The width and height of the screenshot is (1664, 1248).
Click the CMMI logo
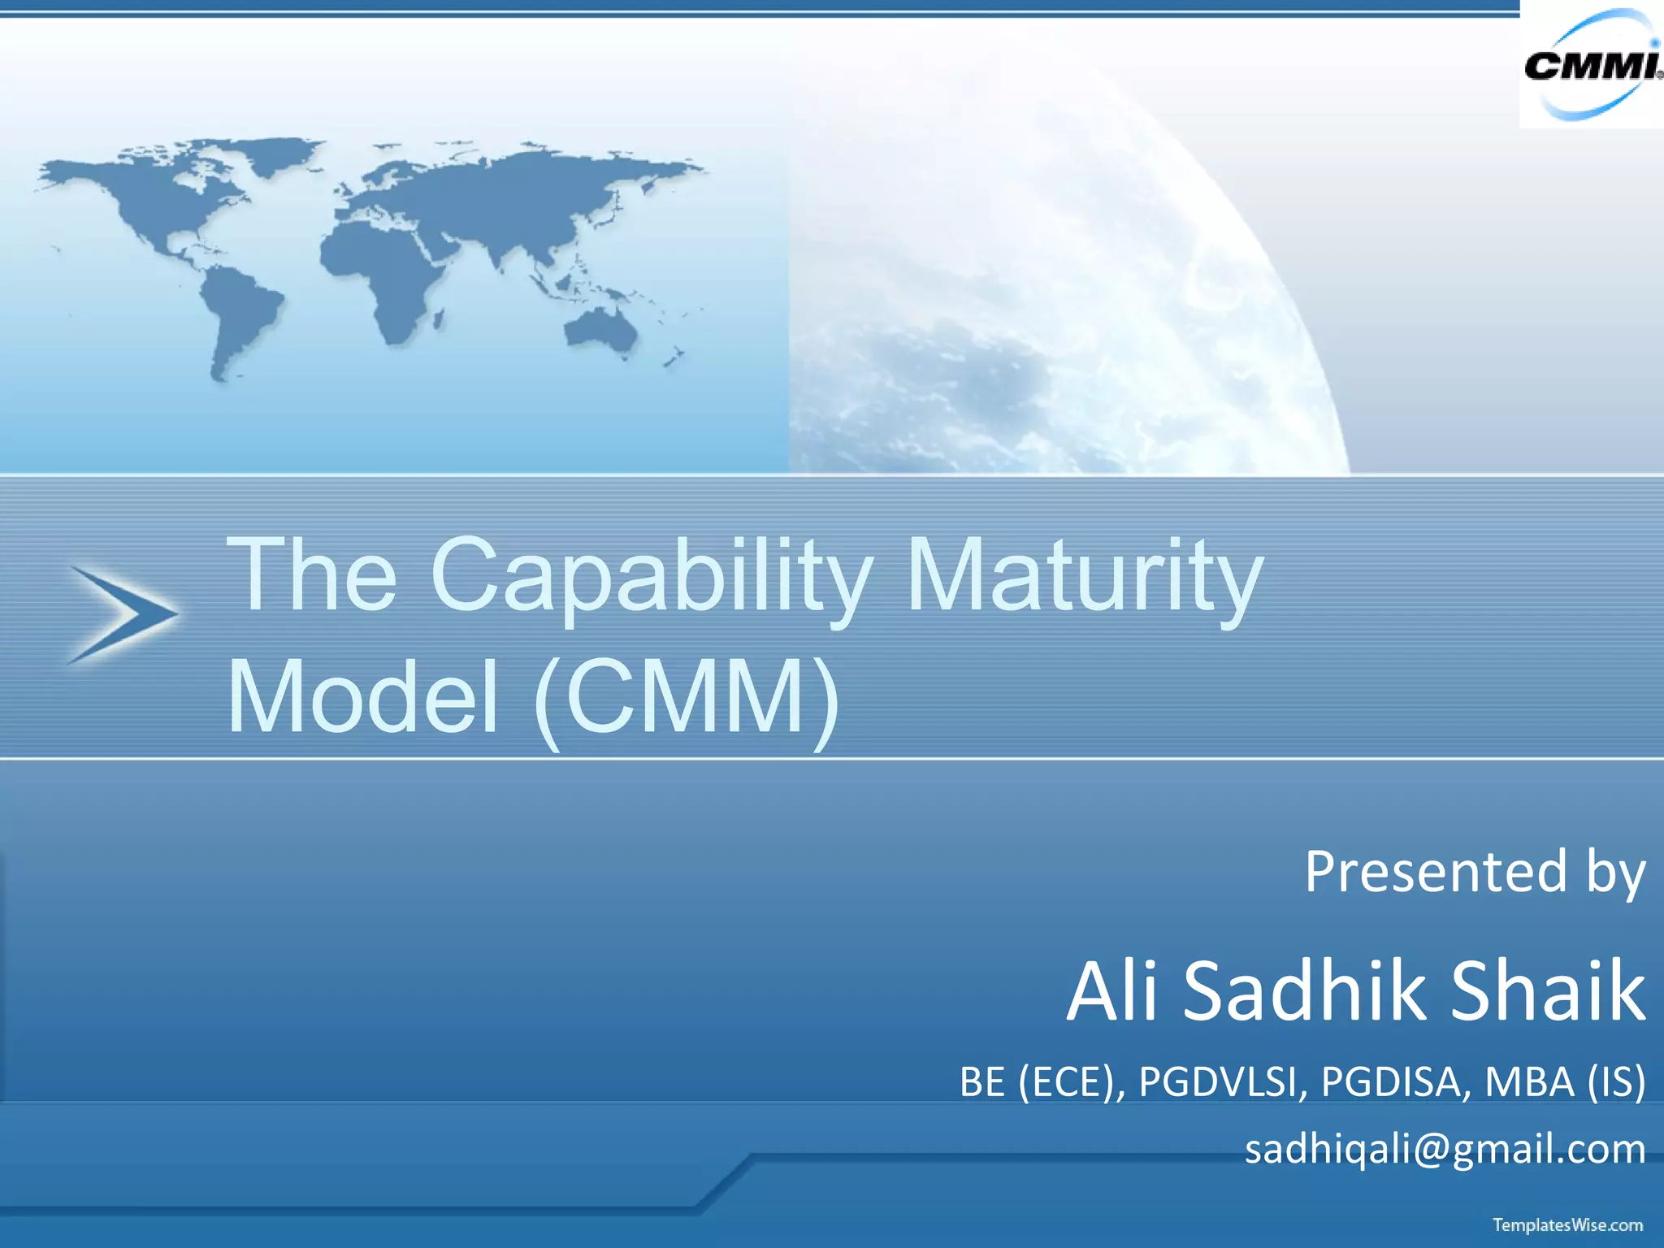tap(1591, 65)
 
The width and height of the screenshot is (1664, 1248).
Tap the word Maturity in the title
tap(1084, 577)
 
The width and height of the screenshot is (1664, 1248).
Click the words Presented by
tap(1475, 872)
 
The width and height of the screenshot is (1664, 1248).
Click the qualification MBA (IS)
tap(1565, 1082)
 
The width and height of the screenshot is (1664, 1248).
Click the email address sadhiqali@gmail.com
tap(1445, 1149)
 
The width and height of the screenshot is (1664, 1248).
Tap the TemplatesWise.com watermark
tap(1567, 1224)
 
